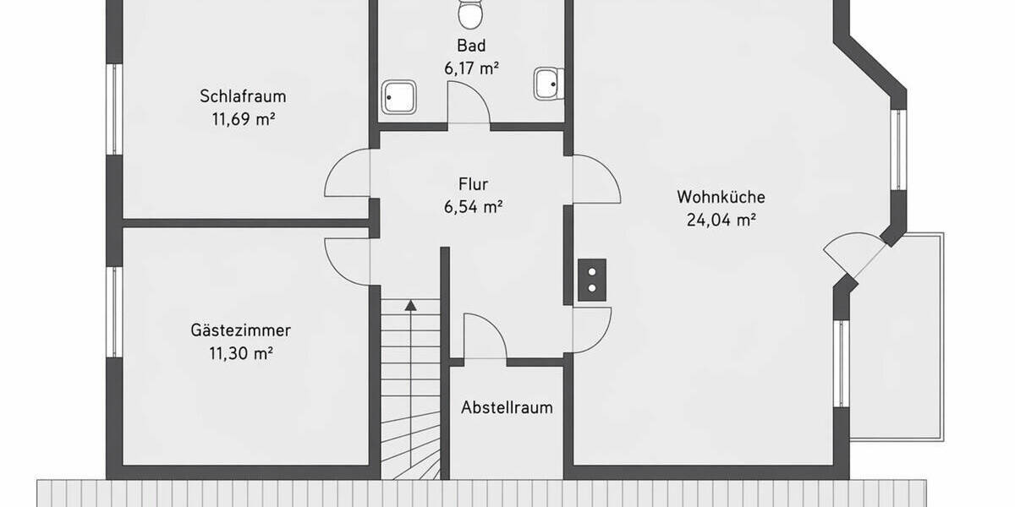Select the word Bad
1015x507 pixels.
click(x=471, y=46)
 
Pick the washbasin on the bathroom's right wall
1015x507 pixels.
click(x=547, y=84)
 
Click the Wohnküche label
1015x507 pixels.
click(x=721, y=197)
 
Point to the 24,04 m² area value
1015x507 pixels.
click(x=721, y=221)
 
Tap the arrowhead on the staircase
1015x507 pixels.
click(x=410, y=305)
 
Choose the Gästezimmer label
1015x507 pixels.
click(x=240, y=330)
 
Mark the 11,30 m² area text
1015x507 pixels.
click(x=240, y=353)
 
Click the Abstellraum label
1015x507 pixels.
click(x=507, y=407)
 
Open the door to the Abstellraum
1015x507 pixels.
click(x=484, y=338)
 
